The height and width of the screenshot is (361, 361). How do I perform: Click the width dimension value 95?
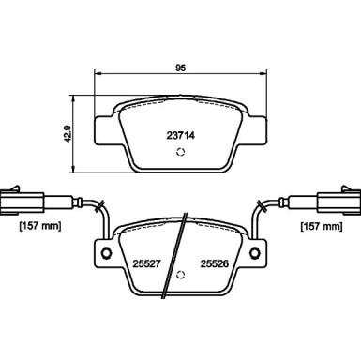(x=179, y=67)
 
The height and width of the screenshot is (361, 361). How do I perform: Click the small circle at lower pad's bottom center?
(x=180, y=276)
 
